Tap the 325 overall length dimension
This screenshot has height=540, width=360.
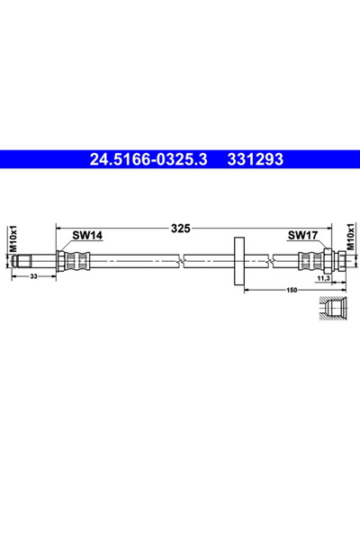click(180, 229)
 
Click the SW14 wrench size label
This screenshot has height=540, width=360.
click(86, 236)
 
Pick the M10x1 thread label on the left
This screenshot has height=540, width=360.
click(12, 238)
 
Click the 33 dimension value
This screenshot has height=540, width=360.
click(33, 277)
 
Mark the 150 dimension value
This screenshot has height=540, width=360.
click(292, 290)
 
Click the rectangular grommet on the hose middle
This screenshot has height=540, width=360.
click(239, 262)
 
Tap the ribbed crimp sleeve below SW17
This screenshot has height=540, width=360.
click(310, 262)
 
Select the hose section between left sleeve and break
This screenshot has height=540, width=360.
click(135, 262)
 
